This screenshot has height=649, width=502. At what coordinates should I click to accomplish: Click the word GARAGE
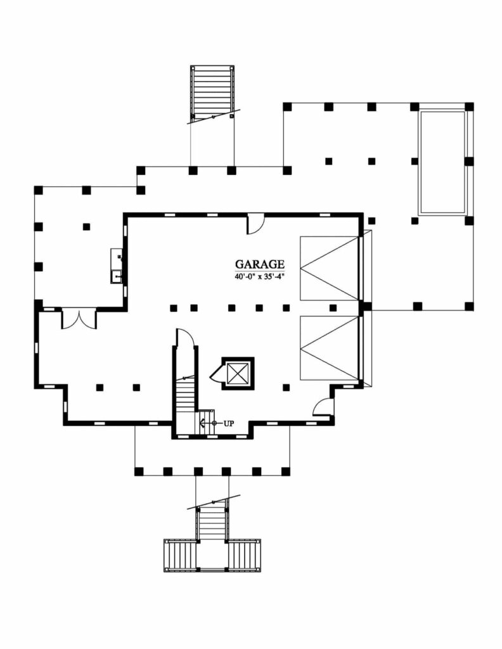click(260, 264)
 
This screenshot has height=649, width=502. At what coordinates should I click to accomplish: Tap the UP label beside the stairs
click(228, 423)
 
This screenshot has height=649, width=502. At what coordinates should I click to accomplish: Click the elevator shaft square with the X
click(236, 373)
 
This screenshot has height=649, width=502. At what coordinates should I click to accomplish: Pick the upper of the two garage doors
click(329, 267)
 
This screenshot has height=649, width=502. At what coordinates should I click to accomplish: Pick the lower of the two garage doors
click(329, 348)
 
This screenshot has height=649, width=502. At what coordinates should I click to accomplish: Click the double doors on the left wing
click(79, 318)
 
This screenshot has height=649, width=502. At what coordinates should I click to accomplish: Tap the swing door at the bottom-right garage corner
click(323, 407)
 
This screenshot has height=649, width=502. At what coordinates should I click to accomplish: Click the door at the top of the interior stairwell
click(185, 338)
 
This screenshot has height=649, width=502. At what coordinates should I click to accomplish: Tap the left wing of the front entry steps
click(180, 555)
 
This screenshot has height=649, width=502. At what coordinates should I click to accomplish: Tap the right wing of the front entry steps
click(243, 555)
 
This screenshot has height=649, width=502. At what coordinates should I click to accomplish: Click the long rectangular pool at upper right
click(442, 162)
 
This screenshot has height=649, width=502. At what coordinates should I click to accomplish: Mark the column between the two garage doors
click(364, 307)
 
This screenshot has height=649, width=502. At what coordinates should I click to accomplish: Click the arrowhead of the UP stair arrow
click(201, 423)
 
